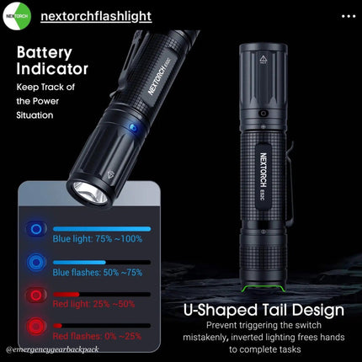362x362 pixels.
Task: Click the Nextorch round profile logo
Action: point(17,16)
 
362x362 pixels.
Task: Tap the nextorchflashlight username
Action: point(96,16)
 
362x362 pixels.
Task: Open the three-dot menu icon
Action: point(349,16)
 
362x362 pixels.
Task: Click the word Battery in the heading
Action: point(45,53)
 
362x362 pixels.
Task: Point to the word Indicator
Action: point(52,69)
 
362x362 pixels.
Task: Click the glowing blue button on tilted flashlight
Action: point(134,128)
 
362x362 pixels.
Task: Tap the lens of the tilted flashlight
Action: point(90,192)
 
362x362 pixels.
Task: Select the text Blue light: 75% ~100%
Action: point(98,239)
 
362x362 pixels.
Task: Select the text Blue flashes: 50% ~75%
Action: point(98,272)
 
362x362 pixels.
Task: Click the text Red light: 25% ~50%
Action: point(93,304)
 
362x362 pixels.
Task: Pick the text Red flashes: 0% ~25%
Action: point(97,336)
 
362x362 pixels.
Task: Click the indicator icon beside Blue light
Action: point(36,229)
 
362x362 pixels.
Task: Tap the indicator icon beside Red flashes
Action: point(36,327)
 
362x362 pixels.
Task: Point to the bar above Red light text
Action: point(102,295)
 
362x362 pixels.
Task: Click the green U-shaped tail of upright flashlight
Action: point(264,288)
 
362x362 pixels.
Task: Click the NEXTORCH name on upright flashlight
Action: point(264,170)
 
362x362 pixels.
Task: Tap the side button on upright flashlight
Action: point(264,114)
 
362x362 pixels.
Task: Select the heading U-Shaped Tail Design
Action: point(264,310)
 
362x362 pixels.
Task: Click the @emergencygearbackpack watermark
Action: point(52,349)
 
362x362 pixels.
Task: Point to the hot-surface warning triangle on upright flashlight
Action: point(264,59)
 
